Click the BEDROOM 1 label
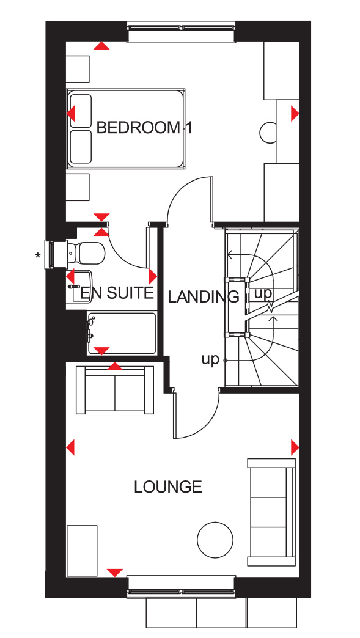click(144, 128)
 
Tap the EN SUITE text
click(117, 293)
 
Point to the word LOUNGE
click(168, 486)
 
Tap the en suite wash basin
click(79, 286)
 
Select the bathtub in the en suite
click(121, 333)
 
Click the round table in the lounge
click(215, 540)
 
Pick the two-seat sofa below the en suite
click(115, 390)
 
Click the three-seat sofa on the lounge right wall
click(271, 512)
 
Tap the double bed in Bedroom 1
click(126, 128)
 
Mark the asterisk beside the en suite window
click(38, 256)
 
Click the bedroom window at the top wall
click(182, 32)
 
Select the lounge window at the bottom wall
click(182, 586)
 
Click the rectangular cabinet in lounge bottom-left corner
click(82, 551)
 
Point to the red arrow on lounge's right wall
click(295, 447)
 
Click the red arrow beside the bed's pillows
click(71, 114)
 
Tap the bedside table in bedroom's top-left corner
click(78, 69)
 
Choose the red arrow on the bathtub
click(101, 351)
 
